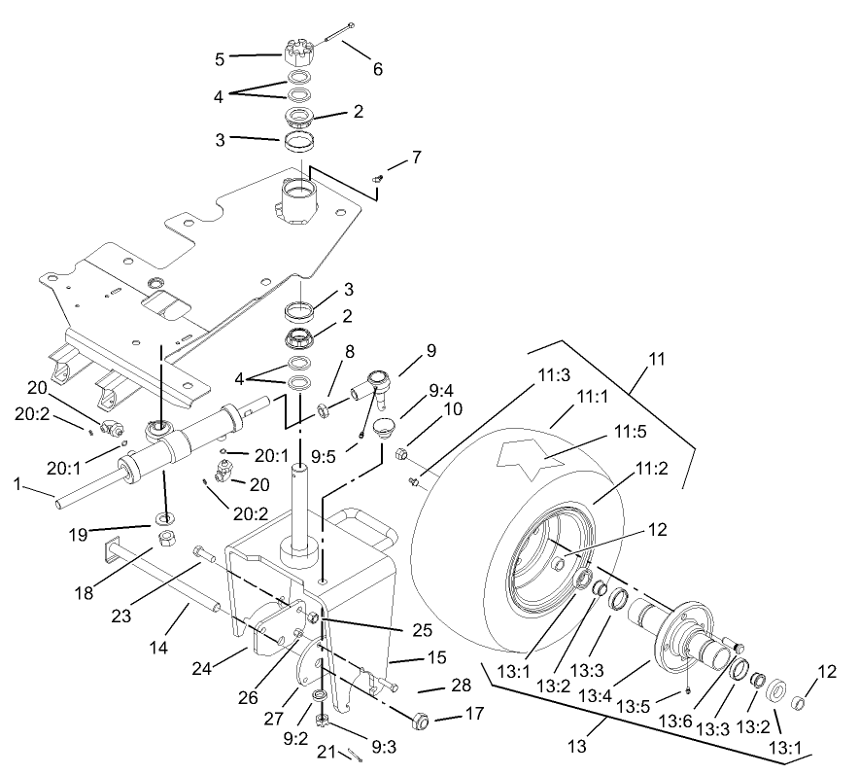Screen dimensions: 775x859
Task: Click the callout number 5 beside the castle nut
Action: pos(220,58)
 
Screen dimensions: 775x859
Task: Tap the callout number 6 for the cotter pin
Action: pos(377,69)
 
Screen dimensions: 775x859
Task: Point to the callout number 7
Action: pos(416,157)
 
